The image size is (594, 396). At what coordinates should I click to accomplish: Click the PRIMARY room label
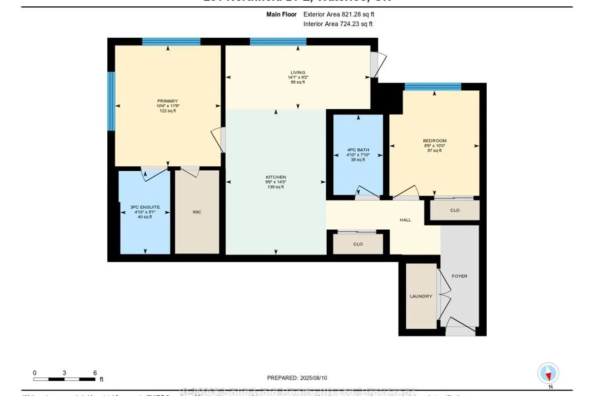point(168,101)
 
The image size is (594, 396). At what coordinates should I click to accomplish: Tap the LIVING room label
point(298,72)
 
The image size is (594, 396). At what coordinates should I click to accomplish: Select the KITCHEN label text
point(276,177)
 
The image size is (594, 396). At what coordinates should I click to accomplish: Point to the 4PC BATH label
point(358,150)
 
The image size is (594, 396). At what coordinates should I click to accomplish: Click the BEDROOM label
point(434,141)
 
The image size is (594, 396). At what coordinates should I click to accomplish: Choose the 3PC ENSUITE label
point(145,207)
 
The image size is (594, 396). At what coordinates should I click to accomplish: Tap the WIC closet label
point(197,212)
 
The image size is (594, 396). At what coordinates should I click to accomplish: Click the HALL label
point(405,220)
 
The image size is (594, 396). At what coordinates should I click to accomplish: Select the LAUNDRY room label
point(421,296)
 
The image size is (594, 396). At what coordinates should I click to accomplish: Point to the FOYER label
point(459,276)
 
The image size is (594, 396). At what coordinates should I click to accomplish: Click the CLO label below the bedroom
point(455,210)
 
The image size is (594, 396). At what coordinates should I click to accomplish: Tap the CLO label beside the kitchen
point(358,244)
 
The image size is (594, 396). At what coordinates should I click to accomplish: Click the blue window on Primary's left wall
point(111,101)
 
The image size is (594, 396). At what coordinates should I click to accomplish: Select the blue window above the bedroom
point(432,87)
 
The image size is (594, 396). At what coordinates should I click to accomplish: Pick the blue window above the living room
point(278,42)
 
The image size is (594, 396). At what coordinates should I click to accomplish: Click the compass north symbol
point(548,373)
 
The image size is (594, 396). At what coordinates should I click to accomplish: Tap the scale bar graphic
point(64,379)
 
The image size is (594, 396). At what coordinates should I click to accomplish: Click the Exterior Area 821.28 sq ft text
point(339,14)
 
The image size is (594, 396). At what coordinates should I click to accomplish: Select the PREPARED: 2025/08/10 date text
point(297,378)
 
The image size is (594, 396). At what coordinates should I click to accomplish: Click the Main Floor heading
point(281,14)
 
